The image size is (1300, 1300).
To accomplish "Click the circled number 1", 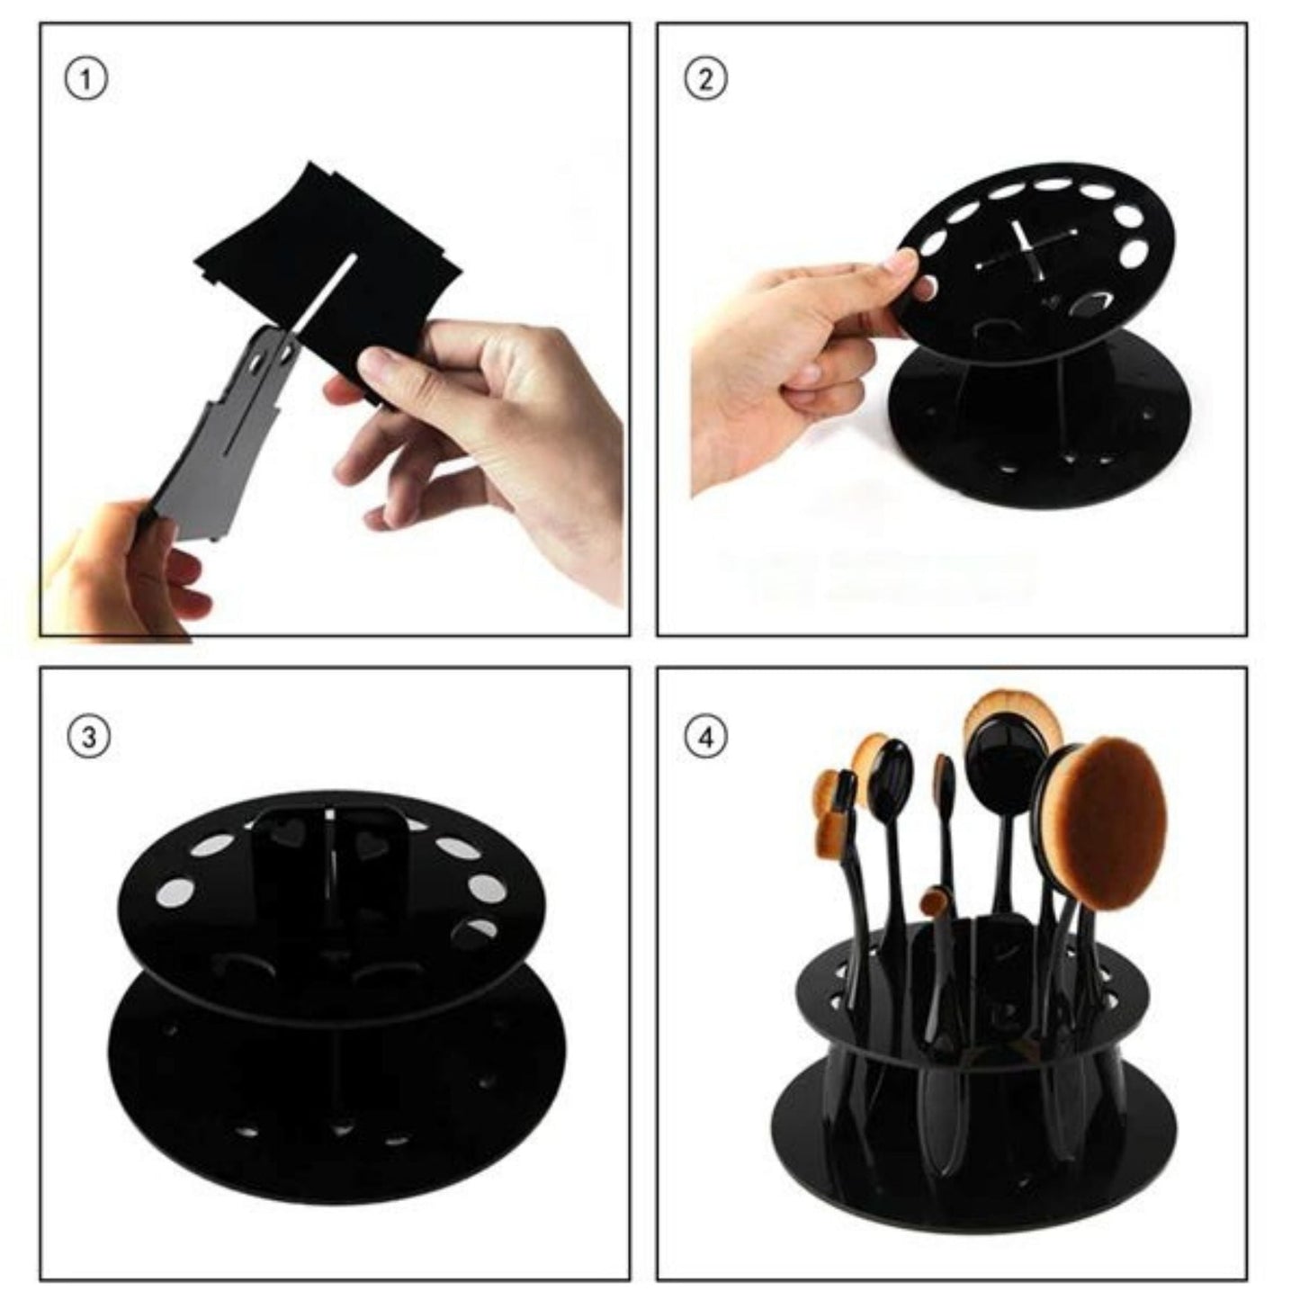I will coord(86,79).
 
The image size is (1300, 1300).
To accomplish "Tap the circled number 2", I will coord(705,79).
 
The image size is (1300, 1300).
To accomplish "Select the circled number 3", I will coord(88,737).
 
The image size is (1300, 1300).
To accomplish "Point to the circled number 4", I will coord(705,737).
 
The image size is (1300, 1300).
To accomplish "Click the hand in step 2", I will coord(792,360).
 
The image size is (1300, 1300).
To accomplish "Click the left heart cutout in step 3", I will coord(288,834).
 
